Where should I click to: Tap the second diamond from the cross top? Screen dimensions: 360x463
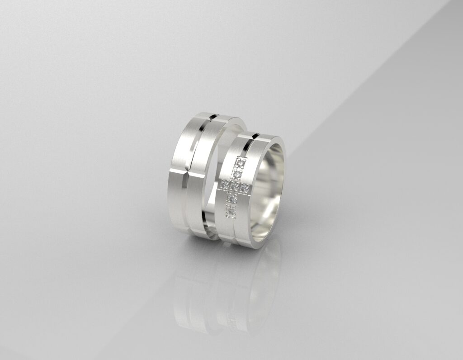tap(237, 174)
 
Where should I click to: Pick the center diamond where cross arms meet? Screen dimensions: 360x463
tap(234, 186)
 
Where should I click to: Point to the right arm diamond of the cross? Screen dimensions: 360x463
tap(244, 187)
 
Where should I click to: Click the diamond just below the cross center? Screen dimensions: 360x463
tap(232, 199)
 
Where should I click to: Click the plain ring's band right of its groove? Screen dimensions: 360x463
tap(201, 181)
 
